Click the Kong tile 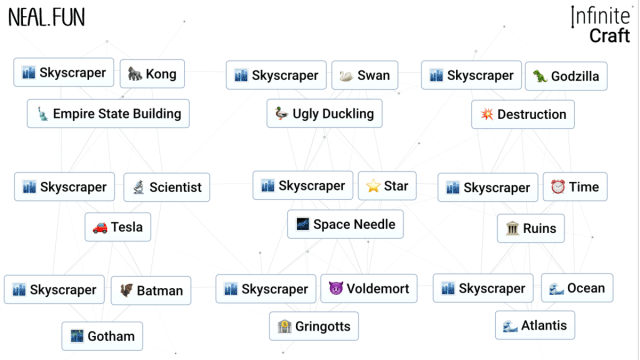(151, 74)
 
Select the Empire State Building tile (108, 113)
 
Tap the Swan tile (364, 75)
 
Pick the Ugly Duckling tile (324, 114)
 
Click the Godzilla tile (566, 76)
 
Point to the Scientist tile (166, 187)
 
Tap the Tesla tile (117, 227)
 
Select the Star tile (387, 186)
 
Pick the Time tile (574, 187)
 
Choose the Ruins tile (531, 228)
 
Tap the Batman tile (151, 291)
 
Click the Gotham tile (102, 336)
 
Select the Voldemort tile (369, 289)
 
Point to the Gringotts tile (314, 326)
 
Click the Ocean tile (576, 288)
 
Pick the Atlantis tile (535, 325)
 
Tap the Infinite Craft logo (600, 25)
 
